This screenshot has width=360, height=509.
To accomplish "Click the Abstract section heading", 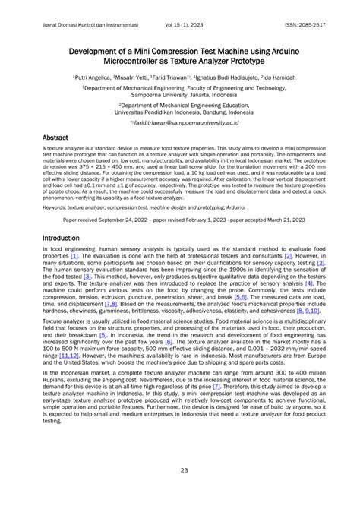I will point(56,138).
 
